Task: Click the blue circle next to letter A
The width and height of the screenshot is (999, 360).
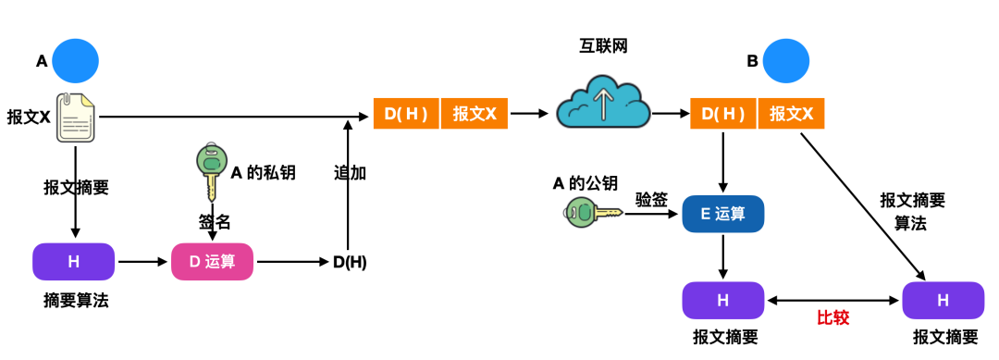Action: pyautogui.click(x=75, y=61)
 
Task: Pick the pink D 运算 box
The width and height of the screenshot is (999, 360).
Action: pyautogui.click(x=213, y=262)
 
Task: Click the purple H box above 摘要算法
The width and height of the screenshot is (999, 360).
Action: pyautogui.click(x=74, y=262)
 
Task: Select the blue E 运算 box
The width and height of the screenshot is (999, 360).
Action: pyautogui.click(x=722, y=214)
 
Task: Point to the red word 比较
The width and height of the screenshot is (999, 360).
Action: pyautogui.click(x=832, y=317)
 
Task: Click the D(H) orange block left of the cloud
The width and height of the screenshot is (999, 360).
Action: pyautogui.click(x=406, y=114)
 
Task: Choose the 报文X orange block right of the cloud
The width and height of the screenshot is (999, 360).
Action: pyautogui.click(x=792, y=114)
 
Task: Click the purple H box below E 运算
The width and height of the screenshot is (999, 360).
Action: pyautogui.click(x=722, y=300)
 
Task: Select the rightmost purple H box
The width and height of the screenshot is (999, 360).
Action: pyautogui.click(x=943, y=300)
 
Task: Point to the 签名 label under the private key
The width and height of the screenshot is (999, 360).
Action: pyautogui.click(x=214, y=222)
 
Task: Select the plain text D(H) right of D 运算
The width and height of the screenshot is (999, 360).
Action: pyautogui.click(x=350, y=262)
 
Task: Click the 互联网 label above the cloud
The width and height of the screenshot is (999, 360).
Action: pyautogui.click(x=601, y=46)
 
